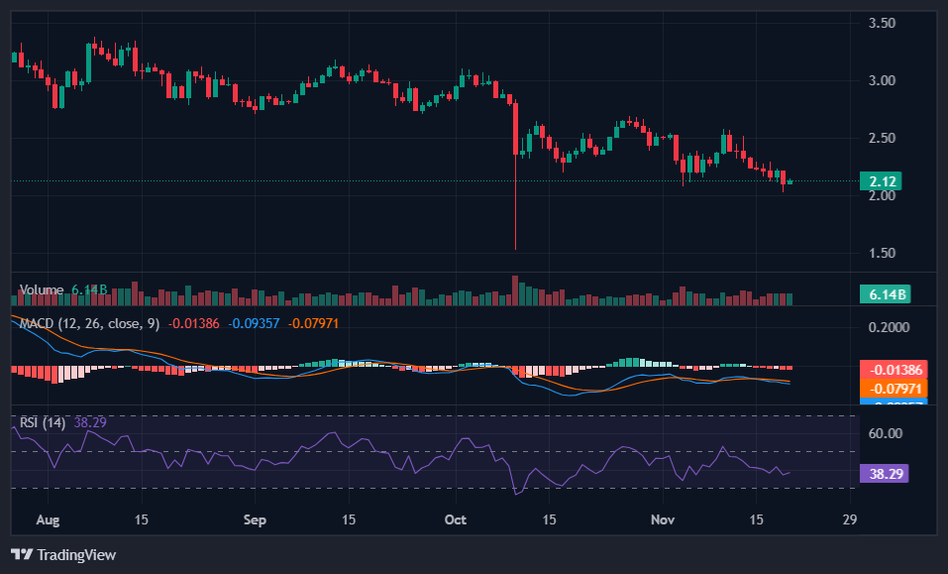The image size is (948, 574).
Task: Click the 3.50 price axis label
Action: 882,23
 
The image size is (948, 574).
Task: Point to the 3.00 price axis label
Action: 882,80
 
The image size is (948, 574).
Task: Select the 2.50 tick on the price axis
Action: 882,138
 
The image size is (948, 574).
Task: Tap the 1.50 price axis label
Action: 882,253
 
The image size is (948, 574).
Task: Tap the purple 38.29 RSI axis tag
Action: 883,474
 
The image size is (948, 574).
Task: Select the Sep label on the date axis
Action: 255,519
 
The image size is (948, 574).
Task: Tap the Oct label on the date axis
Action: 456,519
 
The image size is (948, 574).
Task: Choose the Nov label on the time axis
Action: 663,519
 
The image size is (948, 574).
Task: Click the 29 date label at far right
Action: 849,519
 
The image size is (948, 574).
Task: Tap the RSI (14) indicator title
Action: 43,422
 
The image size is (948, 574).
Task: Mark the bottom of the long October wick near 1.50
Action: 515,249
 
